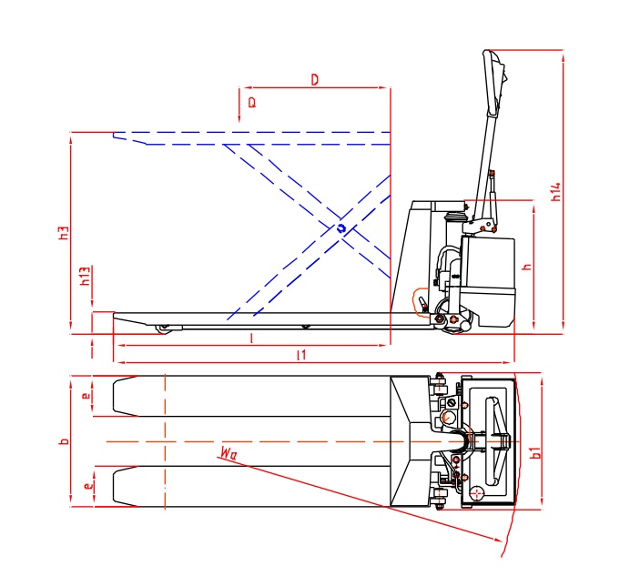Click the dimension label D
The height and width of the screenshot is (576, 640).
pos(314,80)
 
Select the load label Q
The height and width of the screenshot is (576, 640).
pos(252,102)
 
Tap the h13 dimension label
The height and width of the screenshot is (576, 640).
pos(84,277)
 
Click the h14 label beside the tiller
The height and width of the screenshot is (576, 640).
pos(555,192)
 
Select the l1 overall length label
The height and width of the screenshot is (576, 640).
pos(300,356)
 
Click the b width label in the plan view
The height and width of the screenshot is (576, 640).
pos(63,441)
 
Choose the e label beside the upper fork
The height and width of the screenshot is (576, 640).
pos(85,397)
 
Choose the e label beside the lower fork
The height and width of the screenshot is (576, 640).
pos(86,487)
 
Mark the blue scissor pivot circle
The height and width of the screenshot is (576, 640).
pos(340,228)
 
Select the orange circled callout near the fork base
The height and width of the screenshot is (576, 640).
pos(423,301)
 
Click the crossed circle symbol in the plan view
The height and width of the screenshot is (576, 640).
pos(477,493)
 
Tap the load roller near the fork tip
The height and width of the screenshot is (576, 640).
pos(164,328)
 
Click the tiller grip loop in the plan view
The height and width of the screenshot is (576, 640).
pos(493,441)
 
